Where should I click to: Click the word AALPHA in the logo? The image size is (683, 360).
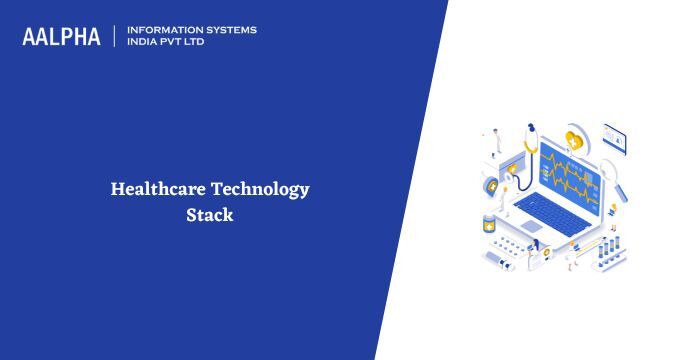click(61, 37)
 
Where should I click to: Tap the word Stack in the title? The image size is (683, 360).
click(209, 214)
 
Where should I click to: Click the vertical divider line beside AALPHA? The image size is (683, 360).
click(116, 37)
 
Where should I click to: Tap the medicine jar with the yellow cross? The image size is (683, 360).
click(489, 222)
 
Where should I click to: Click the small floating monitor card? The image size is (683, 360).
click(614, 136)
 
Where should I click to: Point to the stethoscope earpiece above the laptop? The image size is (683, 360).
click(531, 130)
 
